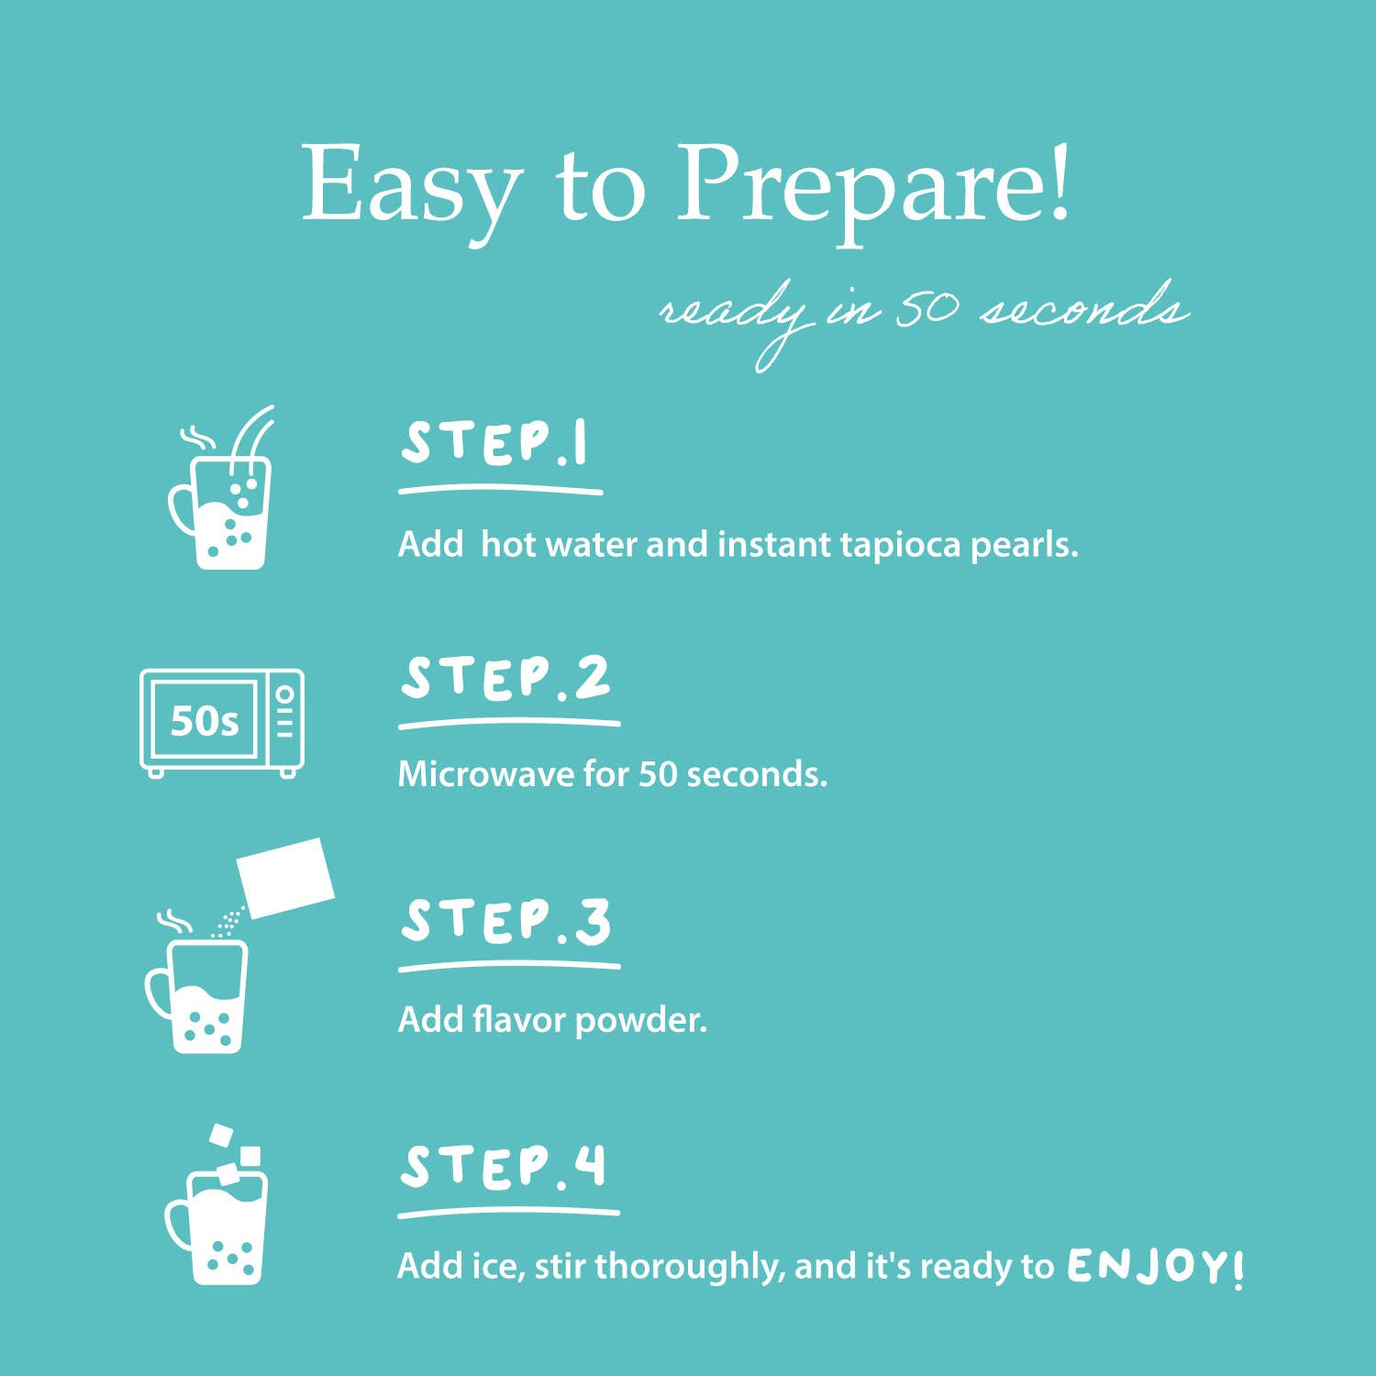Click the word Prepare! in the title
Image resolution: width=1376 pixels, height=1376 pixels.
(x=873, y=188)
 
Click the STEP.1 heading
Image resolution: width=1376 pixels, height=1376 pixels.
(x=494, y=444)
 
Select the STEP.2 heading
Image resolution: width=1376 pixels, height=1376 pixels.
(x=505, y=679)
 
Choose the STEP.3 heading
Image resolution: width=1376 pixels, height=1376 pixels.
(x=505, y=921)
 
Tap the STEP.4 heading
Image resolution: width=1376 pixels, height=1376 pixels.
(x=504, y=1167)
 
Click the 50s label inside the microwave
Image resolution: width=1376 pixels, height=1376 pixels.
(x=205, y=721)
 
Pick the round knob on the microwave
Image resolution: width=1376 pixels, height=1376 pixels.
(x=285, y=694)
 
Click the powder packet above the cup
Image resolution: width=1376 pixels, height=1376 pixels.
(x=286, y=877)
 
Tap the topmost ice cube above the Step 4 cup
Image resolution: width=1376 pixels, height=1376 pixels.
(x=222, y=1136)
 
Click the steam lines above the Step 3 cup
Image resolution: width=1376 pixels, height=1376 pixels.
(x=174, y=920)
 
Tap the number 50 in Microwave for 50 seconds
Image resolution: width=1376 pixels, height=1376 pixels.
(x=658, y=774)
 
